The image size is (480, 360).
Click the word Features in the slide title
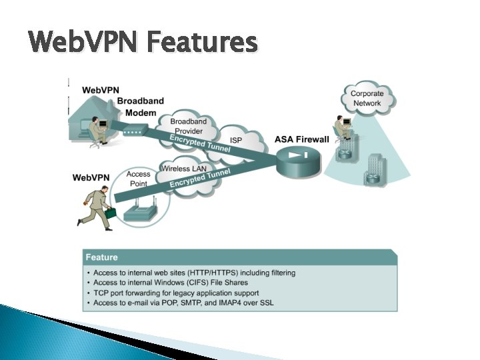(202, 42)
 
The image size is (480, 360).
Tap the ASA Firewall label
(302, 139)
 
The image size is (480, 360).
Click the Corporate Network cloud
(367, 99)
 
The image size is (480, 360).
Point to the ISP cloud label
(236, 140)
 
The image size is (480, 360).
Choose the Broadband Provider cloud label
(189, 126)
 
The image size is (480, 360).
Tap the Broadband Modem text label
(141, 107)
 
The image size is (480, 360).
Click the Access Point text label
(139, 179)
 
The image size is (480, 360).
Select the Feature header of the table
(101, 257)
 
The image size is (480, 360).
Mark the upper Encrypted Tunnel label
(200, 143)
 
